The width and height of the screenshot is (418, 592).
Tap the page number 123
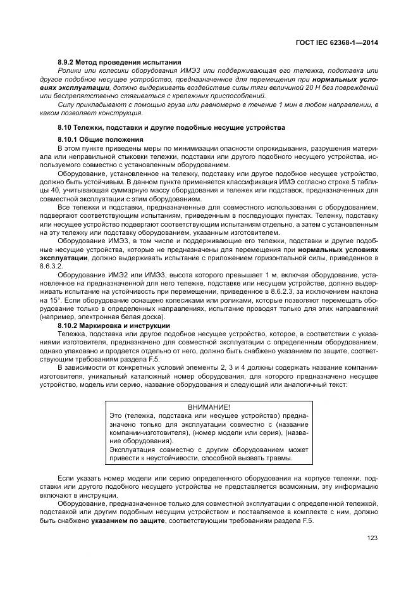click(x=371, y=538)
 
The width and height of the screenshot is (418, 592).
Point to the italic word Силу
click(x=67, y=104)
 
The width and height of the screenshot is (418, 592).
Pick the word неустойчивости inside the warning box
click(x=172, y=458)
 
